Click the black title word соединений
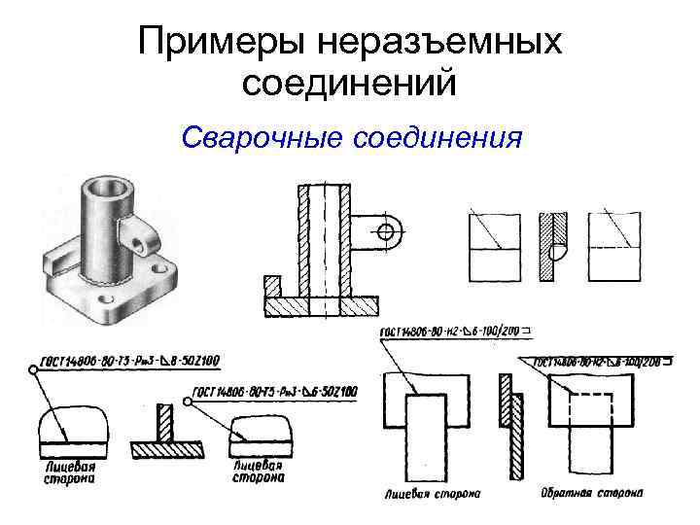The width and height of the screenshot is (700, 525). (x=350, y=85)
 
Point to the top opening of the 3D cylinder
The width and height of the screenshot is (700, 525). (x=105, y=186)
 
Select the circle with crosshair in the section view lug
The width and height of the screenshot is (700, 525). (x=386, y=232)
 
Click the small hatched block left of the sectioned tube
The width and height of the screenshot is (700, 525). (x=271, y=289)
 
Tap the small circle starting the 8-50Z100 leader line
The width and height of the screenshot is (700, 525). (x=34, y=369)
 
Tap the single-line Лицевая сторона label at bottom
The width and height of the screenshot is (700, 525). (x=428, y=493)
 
